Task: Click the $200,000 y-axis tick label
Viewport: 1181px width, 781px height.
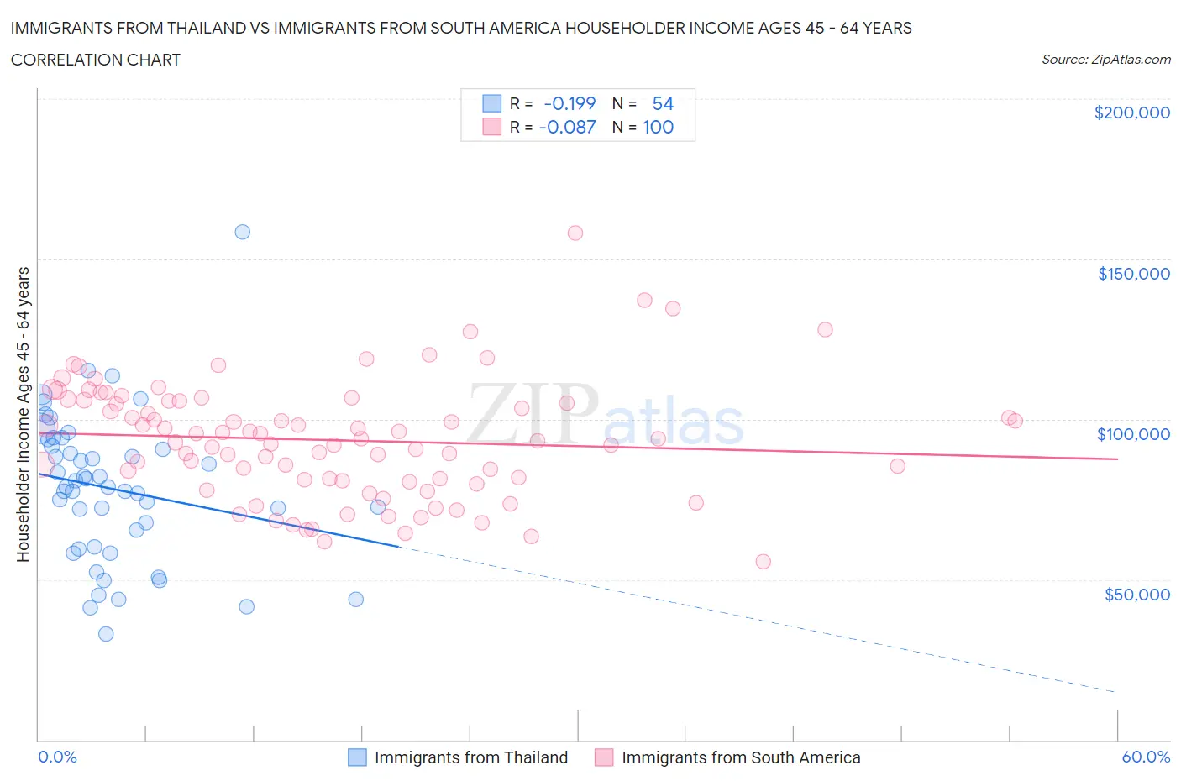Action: (x=1131, y=113)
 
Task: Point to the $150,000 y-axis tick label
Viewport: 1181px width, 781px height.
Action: (x=1133, y=274)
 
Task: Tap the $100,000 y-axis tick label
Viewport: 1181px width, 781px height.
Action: (x=1132, y=434)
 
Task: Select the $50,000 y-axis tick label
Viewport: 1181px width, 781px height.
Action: (x=1136, y=595)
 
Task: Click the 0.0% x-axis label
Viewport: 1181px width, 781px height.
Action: (x=57, y=757)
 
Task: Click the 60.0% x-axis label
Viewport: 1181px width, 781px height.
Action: (x=1146, y=757)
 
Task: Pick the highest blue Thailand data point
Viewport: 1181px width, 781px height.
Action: (x=242, y=232)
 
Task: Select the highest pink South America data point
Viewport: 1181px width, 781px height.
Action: (x=575, y=233)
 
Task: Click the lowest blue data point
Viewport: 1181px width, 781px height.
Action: (x=106, y=634)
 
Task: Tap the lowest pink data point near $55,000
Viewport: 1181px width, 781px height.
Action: (x=764, y=562)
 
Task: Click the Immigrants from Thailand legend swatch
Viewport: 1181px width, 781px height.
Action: (x=357, y=757)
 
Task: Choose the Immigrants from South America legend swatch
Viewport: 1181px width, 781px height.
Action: (x=604, y=757)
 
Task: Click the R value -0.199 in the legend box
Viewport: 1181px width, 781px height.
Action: (x=570, y=103)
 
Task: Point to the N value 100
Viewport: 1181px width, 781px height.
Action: (x=658, y=127)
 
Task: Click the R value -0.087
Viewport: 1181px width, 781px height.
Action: (x=567, y=127)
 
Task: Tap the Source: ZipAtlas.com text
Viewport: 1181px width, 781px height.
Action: (x=1105, y=60)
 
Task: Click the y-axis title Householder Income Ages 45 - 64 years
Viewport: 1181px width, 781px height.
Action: (x=23, y=414)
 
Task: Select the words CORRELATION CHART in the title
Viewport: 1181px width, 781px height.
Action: (x=96, y=60)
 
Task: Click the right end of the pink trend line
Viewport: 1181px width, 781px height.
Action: (x=1117, y=459)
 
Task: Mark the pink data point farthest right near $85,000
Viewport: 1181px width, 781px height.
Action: (x=897, y=466)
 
